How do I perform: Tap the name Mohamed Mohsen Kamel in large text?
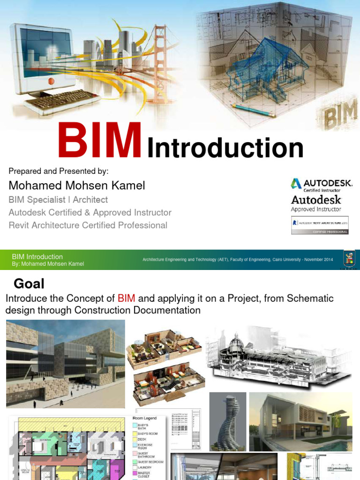(x=77, y=185)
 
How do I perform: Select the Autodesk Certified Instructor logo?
(x=321, y=185)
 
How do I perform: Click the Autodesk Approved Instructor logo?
(x=316, y=203)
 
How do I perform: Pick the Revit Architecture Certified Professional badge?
(x=320, y=225)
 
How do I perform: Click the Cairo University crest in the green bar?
(x=349, y=260)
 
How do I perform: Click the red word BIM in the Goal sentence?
(x=127, y=298)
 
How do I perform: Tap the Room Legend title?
(x=145, y=418)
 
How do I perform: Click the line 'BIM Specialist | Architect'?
(x=58, y=200)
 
